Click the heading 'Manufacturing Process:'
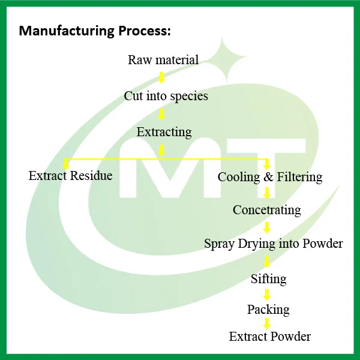click(x=95, y=31)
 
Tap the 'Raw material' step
click(x=163, y=60)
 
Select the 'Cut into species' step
click(x=166, y=95)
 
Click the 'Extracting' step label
click(x=164, y=132)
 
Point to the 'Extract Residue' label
click(x=70, y=176)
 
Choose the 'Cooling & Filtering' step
click(x=269, y=177)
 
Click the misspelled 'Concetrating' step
click(x=266, y=210)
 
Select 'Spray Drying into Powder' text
click(x=273, y=244)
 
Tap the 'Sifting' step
click(x=268, y=279)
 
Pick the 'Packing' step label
click(x=268, y=310)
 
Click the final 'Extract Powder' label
click(x=269, y=337)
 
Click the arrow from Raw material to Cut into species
click(x=161, y=77)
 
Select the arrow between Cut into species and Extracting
click(x=161, y=113)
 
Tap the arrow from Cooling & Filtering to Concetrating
click(x=267, y=193)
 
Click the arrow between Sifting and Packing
click(x=267, y=295)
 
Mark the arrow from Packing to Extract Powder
click(x=267, y=323)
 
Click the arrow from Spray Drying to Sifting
click(x=267, y=262)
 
